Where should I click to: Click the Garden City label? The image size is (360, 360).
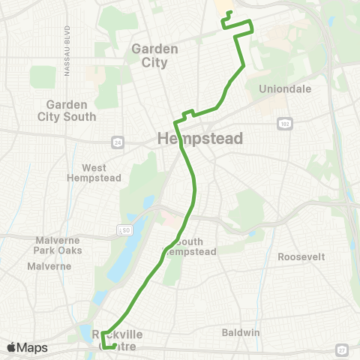pos(154,55)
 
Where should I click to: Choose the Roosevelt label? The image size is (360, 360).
pos(301,256)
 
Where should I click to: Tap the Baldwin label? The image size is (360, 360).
pos(241,331)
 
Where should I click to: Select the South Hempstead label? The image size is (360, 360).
pos(194,247)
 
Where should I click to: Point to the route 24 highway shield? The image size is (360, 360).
pos(118,140)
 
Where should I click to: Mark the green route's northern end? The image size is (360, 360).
pos(227,13)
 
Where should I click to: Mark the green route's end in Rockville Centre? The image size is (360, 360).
pos(114,346)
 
